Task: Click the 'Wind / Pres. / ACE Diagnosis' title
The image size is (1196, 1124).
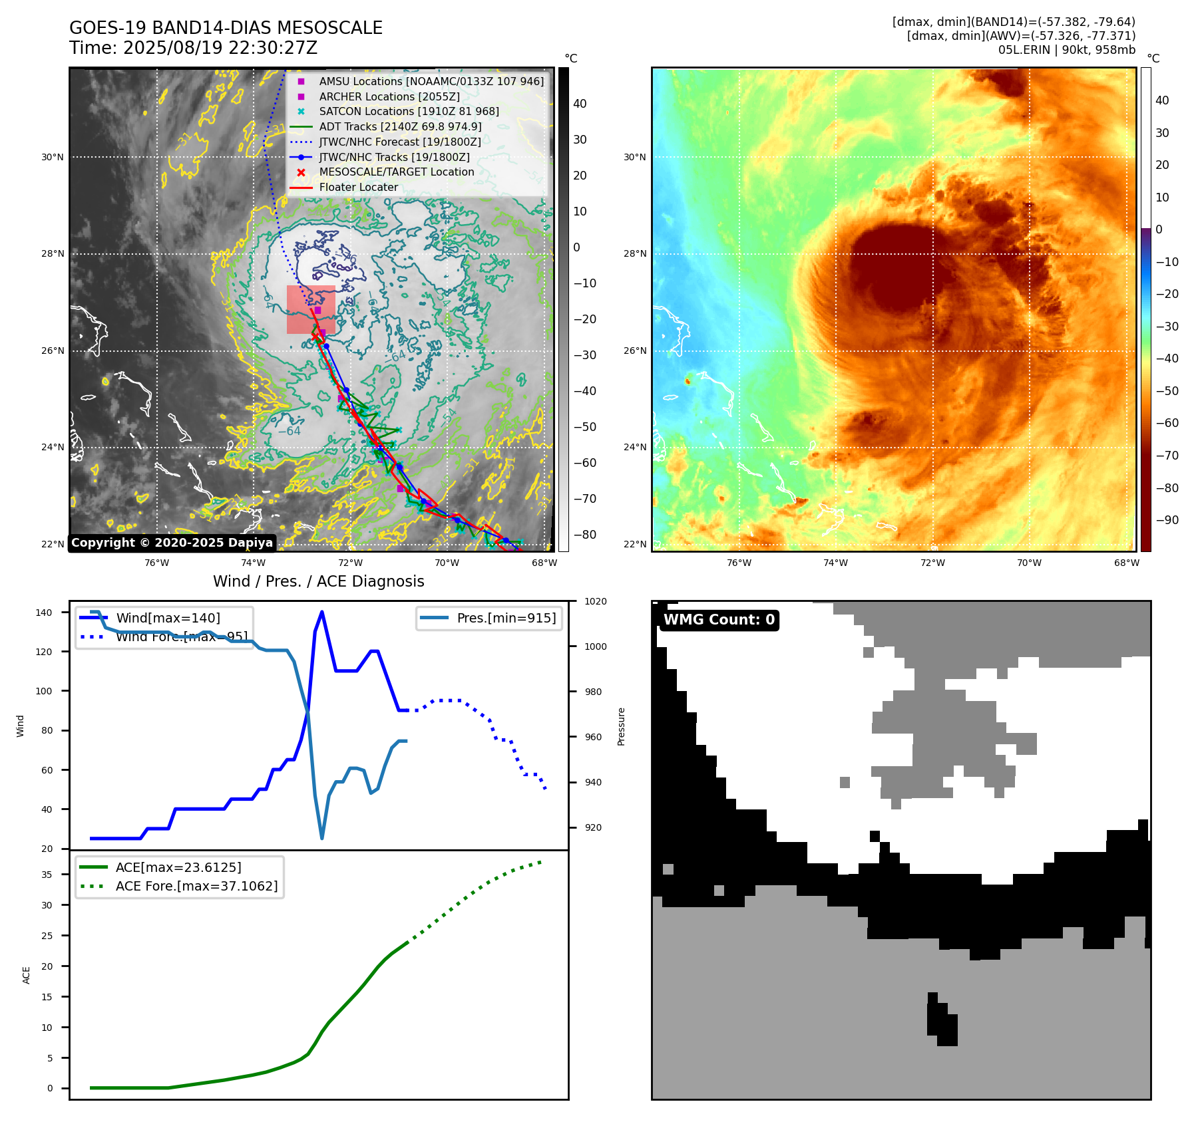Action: click(318, 581)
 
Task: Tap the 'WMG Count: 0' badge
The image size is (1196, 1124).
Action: click(719, 620)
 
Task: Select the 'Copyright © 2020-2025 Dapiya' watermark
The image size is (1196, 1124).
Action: click(172, 543)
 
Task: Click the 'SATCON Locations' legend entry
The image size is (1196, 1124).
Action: click(409, 111)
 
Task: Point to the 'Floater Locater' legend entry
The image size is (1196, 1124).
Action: click(358, 187)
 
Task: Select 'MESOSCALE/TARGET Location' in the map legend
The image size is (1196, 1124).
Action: click(396, 172)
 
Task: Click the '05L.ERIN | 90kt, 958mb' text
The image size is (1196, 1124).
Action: click(1066, 50)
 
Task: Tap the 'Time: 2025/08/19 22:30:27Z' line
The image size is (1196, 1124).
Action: click(193, 48)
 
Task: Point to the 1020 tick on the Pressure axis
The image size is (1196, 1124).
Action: click(595, 601)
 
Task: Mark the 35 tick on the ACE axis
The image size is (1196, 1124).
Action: click(47, 875)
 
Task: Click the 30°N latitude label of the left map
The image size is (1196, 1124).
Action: click(53, 158)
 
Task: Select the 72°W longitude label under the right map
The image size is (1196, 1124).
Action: click(932, 563)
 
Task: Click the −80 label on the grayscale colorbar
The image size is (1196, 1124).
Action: click(584, 535)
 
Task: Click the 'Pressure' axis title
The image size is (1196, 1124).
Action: click(621, 726)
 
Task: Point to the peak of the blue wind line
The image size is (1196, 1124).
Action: click(322, 612)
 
